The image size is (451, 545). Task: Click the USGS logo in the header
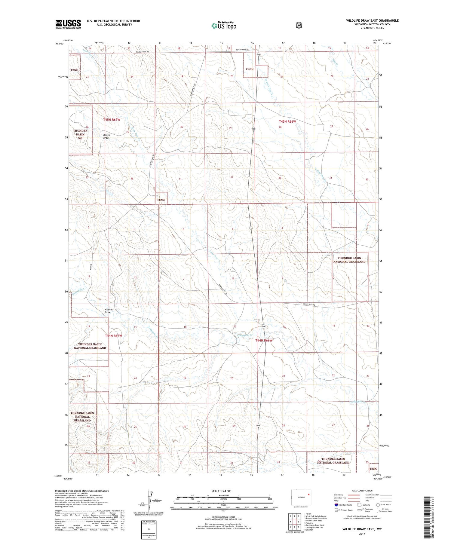pos(68,24)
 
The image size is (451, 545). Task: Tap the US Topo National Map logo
pos(224,25)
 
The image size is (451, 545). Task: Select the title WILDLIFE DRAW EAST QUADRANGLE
pos(372,20)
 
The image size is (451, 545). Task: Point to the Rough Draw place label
pos(106,136)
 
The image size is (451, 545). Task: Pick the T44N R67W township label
pos(113,335)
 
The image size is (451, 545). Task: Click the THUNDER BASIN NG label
pos(80,134)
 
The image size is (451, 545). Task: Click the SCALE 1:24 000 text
pos(221,491)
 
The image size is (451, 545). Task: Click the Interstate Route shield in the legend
pos(336,505)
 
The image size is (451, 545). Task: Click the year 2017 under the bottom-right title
pos(362,534)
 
